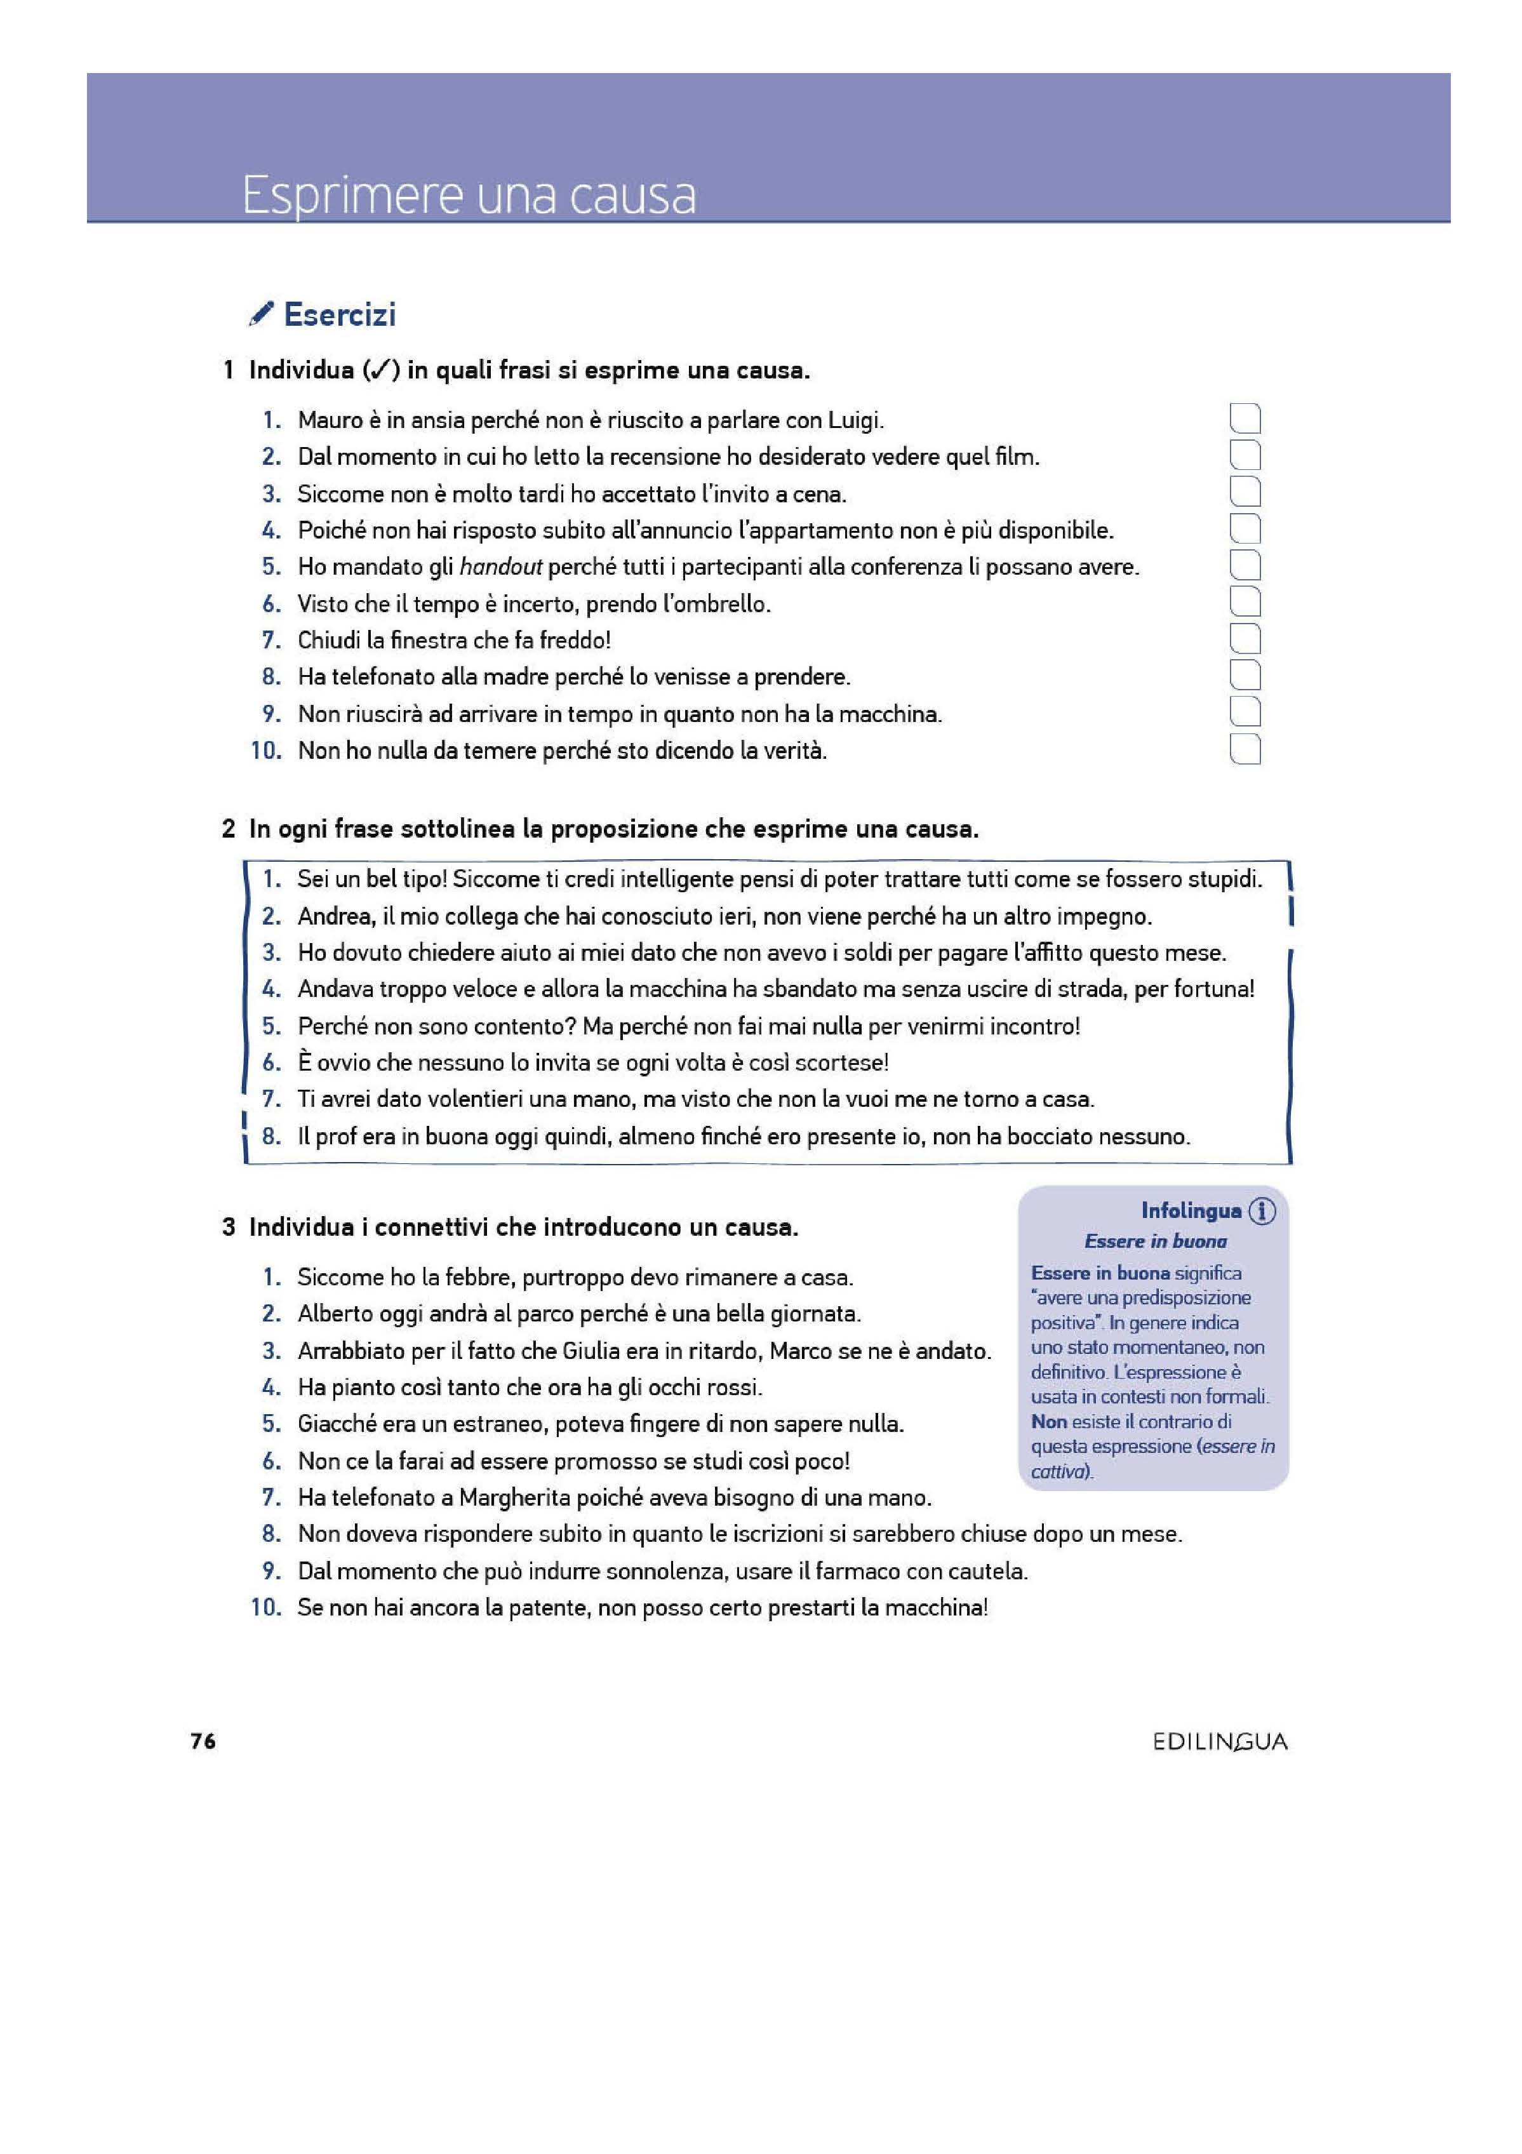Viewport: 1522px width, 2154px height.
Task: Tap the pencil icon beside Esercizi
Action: [262, 314]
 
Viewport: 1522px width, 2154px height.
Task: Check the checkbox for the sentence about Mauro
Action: [1245, 419]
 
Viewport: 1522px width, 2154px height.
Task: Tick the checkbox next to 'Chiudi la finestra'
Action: [1245, 640]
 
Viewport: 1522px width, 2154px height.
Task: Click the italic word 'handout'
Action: [500, 566]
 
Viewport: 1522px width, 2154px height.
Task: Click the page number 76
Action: [203, 1741]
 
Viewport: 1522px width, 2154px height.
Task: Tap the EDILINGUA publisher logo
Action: [1220, 1742]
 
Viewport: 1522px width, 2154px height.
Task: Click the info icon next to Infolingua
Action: [1263, 1211]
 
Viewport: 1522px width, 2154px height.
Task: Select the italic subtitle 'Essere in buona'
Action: [1155, 1241]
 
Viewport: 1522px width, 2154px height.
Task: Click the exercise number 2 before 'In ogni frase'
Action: [228, 829]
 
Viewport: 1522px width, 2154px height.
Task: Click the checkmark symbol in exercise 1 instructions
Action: [380, 371]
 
